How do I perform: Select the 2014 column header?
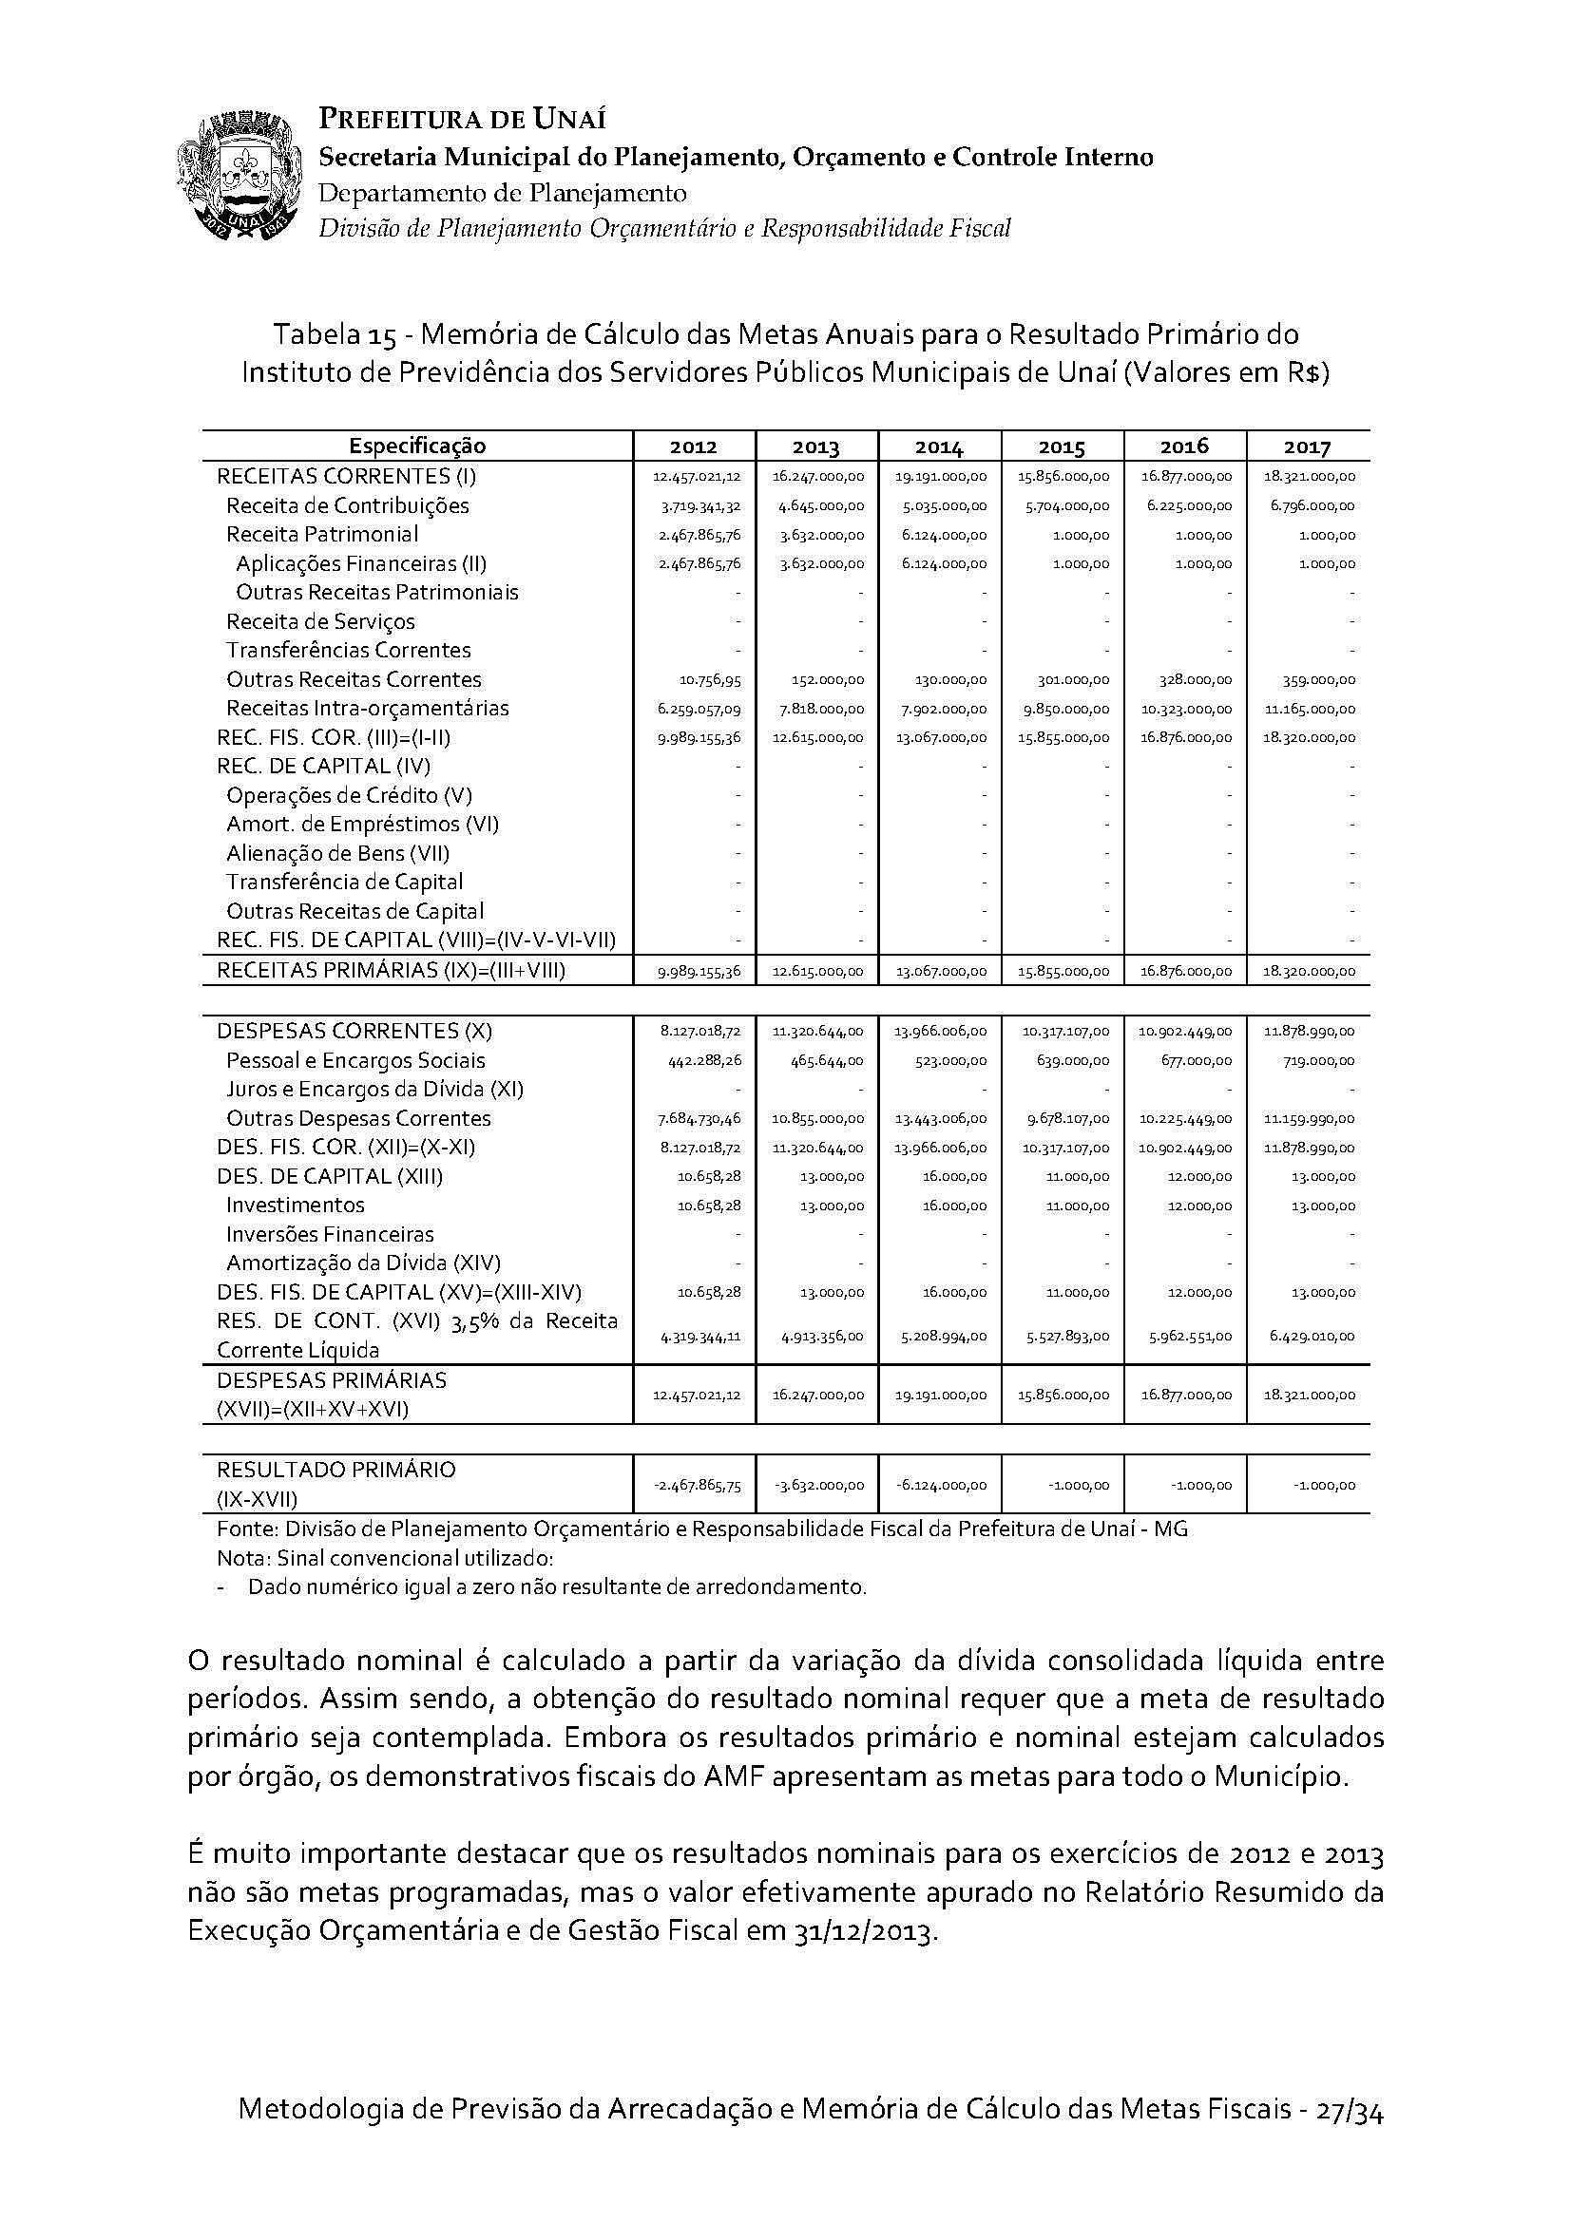939,446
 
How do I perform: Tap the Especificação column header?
417,446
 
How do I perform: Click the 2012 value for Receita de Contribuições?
699,506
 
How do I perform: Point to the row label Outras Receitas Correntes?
354,679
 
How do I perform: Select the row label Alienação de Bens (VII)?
337,854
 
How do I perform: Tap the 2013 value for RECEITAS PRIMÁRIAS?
819,971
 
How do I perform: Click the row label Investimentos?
296,1205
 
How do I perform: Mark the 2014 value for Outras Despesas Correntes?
941,1119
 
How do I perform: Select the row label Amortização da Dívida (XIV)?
363,1263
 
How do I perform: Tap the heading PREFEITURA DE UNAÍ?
463,119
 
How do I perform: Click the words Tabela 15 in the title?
333,334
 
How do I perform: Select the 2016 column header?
1185,446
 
